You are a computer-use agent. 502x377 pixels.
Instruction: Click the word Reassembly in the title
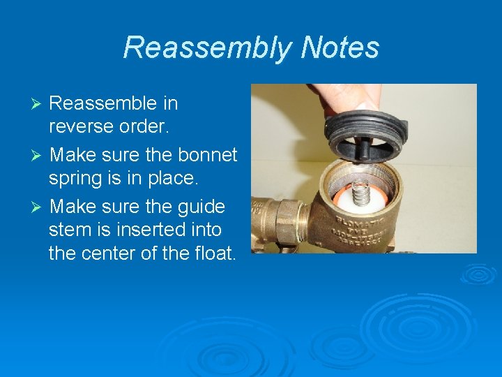[207, 47]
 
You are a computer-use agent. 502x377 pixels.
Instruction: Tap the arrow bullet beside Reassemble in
[39, 104]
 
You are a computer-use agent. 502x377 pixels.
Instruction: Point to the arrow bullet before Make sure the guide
[39, 207]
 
